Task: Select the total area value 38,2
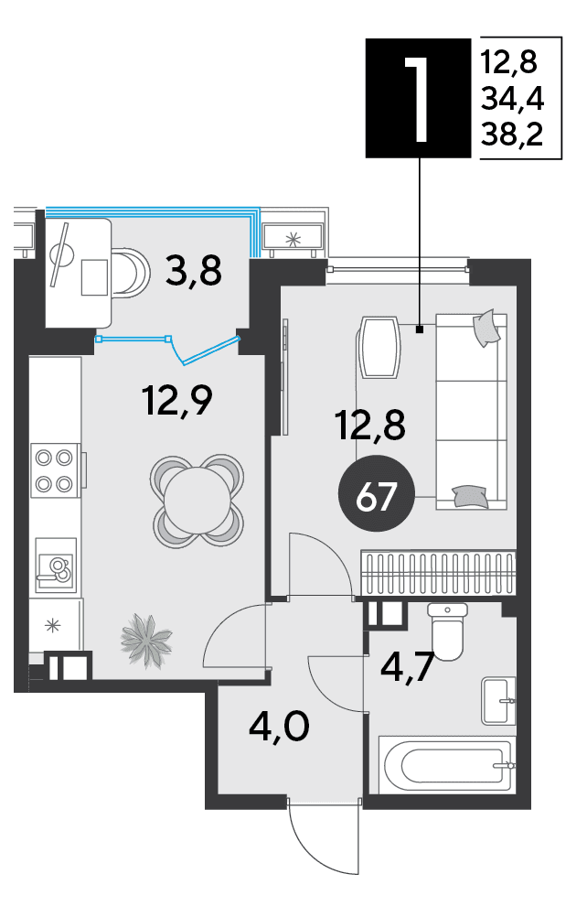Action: click(x=512, y=135)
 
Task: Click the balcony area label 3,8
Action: click(x=193, y=271)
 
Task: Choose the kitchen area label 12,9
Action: click(x=177, y=401)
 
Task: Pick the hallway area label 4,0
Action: click(x=280, y=727)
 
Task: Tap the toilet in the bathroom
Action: click(x=447, y=631)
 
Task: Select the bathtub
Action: click(x=446, y=765)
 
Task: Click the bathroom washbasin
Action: click(x=498, y=701)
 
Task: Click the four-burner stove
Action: click(x=55, y=469)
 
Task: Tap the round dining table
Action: click(x=197, y=500)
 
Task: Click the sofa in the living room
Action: click(x=471, y=412)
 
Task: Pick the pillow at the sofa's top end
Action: click(x=486, y=328)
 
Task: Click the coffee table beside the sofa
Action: click(x=379, y=347)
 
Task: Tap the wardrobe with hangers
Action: click(x=438, y=573)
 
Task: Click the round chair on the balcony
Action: click(x=131, y=273)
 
